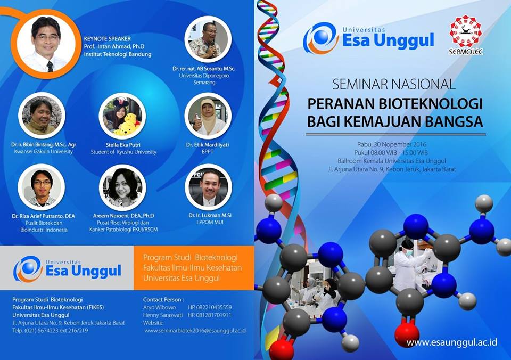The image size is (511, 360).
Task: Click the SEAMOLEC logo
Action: (x=465, y=35)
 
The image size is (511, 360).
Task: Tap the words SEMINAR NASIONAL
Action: (x=394, y=85)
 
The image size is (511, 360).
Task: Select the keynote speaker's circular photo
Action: (x=46, y=44)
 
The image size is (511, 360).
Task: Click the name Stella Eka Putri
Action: (x=123, y=145)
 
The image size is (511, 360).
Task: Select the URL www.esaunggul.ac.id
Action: (x=452, y=342)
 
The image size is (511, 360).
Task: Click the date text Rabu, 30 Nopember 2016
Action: (x=392, y=144)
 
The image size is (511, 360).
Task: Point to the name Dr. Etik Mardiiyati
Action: (x=208, y=144)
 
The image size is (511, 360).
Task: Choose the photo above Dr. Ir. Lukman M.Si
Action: (x=208, y=187)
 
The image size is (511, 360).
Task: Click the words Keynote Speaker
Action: (x=107, y=38)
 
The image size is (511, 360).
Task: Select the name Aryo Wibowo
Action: (x=159, y=307)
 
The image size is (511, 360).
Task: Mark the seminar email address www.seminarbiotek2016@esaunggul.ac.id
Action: (x=195, y=331)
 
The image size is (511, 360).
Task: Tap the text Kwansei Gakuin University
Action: (x=43, y=152)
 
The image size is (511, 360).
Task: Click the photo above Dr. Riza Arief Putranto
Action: (x=42, y=187)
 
